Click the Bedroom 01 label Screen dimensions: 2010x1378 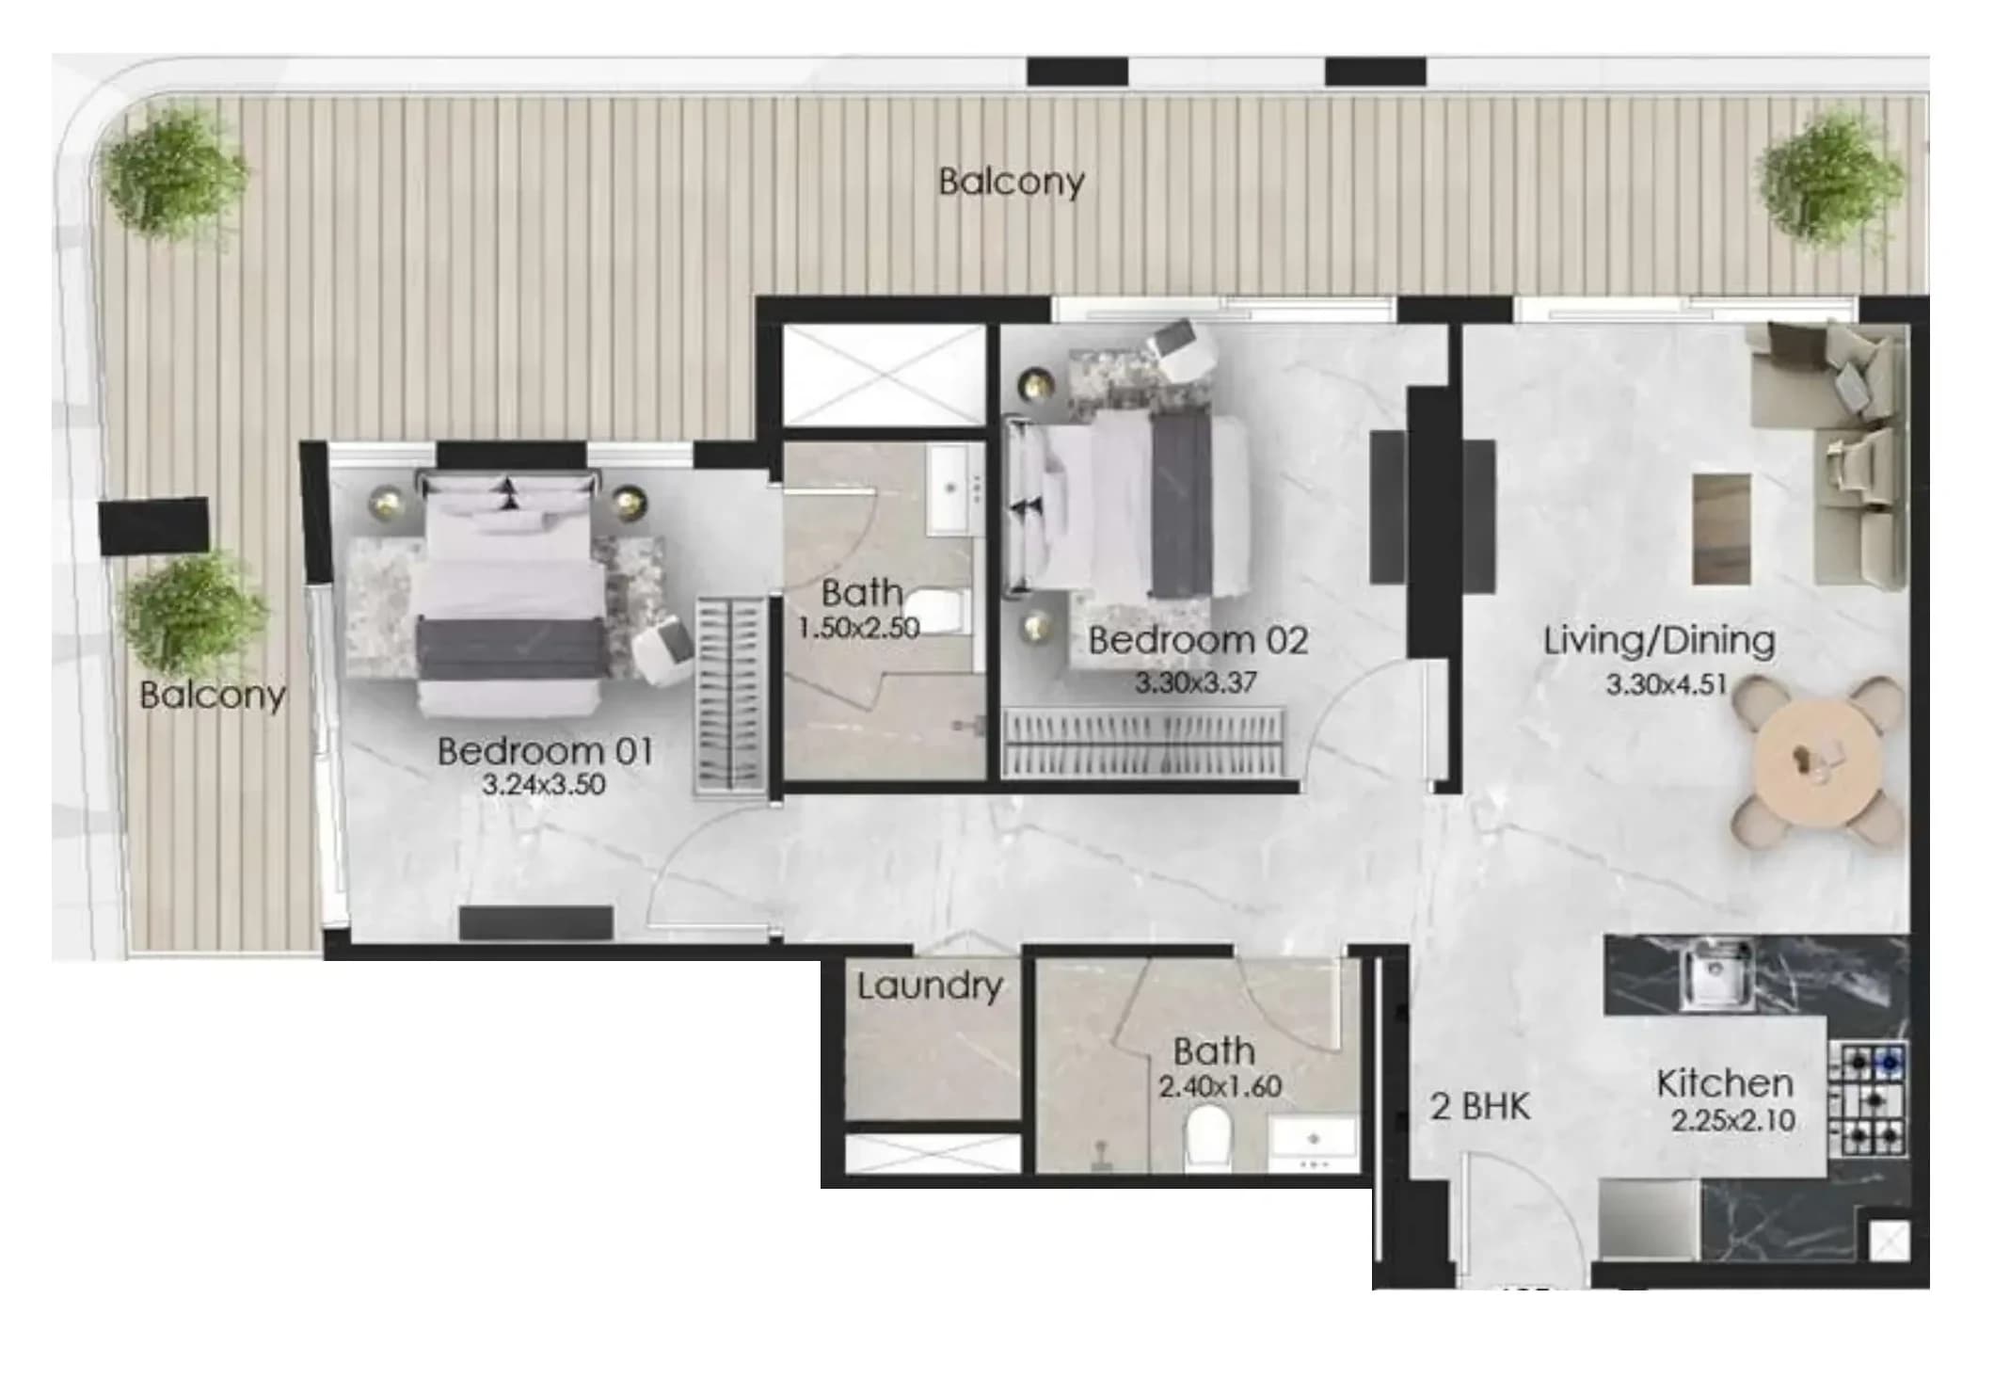[545, 750]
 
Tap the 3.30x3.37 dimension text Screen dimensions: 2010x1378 [1195, 681]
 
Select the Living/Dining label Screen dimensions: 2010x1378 [1659, 640]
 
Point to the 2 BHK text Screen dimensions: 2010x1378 [1480, 1107]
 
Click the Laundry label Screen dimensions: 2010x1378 [930, 985]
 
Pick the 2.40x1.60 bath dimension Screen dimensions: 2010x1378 [1220, 1086]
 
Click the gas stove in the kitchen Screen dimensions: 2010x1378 [1869, 1099]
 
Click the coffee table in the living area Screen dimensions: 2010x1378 [1721, 528]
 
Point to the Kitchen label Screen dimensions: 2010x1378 [1725, 1083]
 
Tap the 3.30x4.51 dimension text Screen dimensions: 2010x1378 [1666, 683]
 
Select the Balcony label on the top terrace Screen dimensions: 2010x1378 [1012, 181]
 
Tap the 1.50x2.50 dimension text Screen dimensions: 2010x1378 [858, 628]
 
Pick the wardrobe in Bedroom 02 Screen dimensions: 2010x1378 [1143, 743]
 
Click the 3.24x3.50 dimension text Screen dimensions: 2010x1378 [544, 784]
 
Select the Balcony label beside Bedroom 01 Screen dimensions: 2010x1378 [213, 695]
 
